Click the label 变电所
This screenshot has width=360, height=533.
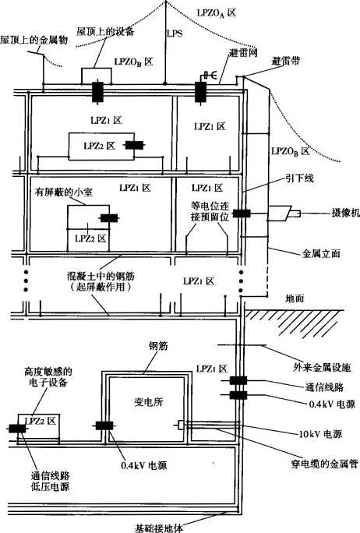(149, 402)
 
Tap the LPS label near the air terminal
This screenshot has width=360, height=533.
(175, 34)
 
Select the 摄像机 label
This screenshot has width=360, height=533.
(345, 214)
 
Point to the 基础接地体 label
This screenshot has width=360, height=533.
(159, 528)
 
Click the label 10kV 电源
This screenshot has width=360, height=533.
(320, 434)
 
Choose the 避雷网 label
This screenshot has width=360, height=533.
(243, 53)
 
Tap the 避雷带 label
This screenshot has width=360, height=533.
(286, 62)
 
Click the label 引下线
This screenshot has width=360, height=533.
(299, 178)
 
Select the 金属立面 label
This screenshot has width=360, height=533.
(321, 253)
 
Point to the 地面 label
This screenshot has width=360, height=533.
(295, 298)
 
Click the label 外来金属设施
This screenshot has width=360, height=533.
(322, 368)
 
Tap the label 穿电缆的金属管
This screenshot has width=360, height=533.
(325, 464)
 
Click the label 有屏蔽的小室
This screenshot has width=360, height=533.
(64, 192)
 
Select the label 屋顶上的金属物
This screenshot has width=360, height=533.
(34, 40)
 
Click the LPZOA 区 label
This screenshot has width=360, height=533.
(217, 13)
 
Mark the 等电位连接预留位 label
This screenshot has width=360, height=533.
(210, 211)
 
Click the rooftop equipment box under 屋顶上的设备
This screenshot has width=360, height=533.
(97, 76)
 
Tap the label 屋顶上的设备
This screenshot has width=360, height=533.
(105, 32)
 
